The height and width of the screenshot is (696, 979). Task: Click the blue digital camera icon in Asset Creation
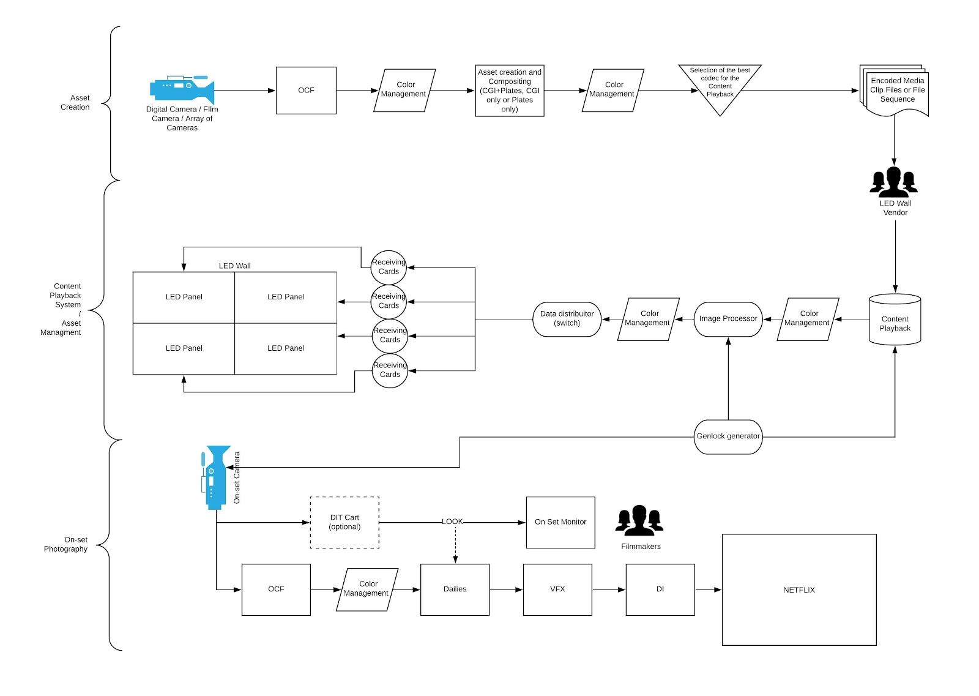[x=182, y=89]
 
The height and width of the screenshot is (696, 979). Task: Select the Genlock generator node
[x=728, y=436]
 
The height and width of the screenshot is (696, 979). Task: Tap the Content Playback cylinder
[x=895, y=320]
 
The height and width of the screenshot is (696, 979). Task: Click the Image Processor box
[x=728, y=319]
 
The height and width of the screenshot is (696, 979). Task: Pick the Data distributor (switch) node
[x=567, y=319]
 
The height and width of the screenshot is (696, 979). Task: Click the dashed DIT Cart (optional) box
[x=344, y=522]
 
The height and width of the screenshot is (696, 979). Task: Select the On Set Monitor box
[x=560, y=522]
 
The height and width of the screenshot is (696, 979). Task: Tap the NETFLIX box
[x=799, y=589]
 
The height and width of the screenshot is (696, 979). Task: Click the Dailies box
[x=455, y=589]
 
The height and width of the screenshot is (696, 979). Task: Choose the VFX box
[x=557, y=589]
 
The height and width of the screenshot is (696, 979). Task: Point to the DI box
[x=660, y=589]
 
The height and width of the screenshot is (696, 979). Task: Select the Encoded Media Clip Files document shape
[x=894, y=91]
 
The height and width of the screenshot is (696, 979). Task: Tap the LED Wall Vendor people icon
[x=894, y=182]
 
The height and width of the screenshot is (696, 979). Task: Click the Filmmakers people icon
[x=639, y=520]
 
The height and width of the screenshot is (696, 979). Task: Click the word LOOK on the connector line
[x=452, y=522]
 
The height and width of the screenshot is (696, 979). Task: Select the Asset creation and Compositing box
[x=510, y=91]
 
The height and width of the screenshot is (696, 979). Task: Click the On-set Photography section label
[x=65, y=544]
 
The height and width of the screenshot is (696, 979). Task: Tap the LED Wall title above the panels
[x=235, y=266]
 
